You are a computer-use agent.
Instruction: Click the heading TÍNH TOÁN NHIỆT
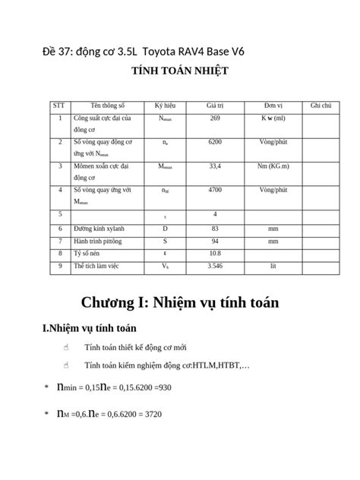point(180,71)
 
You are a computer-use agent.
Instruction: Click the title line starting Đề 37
point(144,51)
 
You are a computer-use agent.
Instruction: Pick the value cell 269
point(215,118)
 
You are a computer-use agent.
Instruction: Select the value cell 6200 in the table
point(215,142)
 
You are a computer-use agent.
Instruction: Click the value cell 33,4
point(215,165)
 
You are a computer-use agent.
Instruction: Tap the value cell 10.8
point(215,254)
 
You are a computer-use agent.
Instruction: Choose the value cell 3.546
point(215,267)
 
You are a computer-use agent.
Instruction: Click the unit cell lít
point(273,267)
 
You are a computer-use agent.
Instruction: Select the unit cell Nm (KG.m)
point(273,165)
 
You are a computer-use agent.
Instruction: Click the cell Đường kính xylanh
point(103,228)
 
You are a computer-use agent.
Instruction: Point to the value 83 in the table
point(215,228)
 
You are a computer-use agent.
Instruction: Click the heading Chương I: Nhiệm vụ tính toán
point(180,303)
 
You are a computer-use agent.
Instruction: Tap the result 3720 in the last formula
point(150,415)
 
